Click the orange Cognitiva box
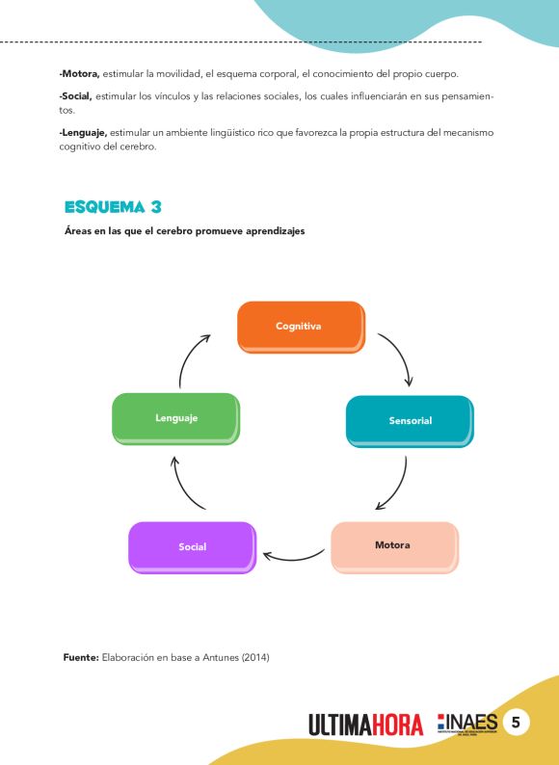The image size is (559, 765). [x=300, y=327]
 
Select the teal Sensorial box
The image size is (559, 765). [x=410, y=420]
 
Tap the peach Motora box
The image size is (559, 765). [x=393, y=546]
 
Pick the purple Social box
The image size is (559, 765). [x=192, y=546]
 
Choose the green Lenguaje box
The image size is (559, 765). [x=175, y=418]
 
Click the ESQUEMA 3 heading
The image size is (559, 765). [x=112, y=207]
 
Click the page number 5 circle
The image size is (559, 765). [x=516, y=723]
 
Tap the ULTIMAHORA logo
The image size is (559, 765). [x=366, y=724]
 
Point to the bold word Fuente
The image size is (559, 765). [x=81, y=658]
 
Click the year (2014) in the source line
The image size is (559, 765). [x=254, y=658]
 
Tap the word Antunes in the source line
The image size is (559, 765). [x=217, y=658]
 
